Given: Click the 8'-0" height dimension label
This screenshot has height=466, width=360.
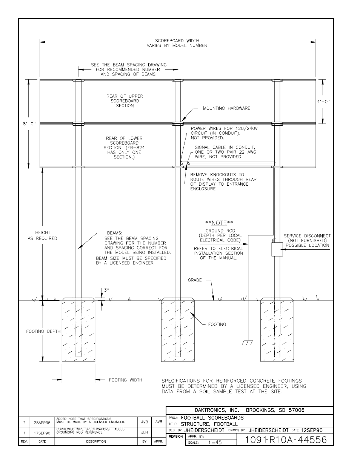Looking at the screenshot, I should point(29,123).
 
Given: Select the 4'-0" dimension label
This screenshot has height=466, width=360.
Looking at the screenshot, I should point(323,101).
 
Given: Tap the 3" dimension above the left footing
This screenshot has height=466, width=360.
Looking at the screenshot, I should point(107,290).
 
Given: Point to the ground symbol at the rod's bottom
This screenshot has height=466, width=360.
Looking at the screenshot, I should point(247,342).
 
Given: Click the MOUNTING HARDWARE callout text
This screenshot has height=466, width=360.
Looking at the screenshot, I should point(226,108).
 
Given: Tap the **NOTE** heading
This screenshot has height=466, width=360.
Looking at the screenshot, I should point(219,223).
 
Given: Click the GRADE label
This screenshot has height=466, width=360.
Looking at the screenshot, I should point(195,280).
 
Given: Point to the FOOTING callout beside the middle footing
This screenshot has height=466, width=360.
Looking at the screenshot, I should point(217,324).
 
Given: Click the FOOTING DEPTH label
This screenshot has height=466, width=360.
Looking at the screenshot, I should point(43,331).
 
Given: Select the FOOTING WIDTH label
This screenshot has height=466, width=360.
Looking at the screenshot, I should point(125,380).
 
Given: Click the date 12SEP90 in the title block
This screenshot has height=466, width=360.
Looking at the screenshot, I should point(312,430).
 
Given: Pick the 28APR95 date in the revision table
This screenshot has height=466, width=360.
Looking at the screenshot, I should point(42,423).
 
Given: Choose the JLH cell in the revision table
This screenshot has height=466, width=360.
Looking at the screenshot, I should point(144,433).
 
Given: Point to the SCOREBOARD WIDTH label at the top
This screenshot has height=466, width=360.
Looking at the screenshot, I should point(177,43).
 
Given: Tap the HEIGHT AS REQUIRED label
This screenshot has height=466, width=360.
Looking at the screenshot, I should point(42,235).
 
